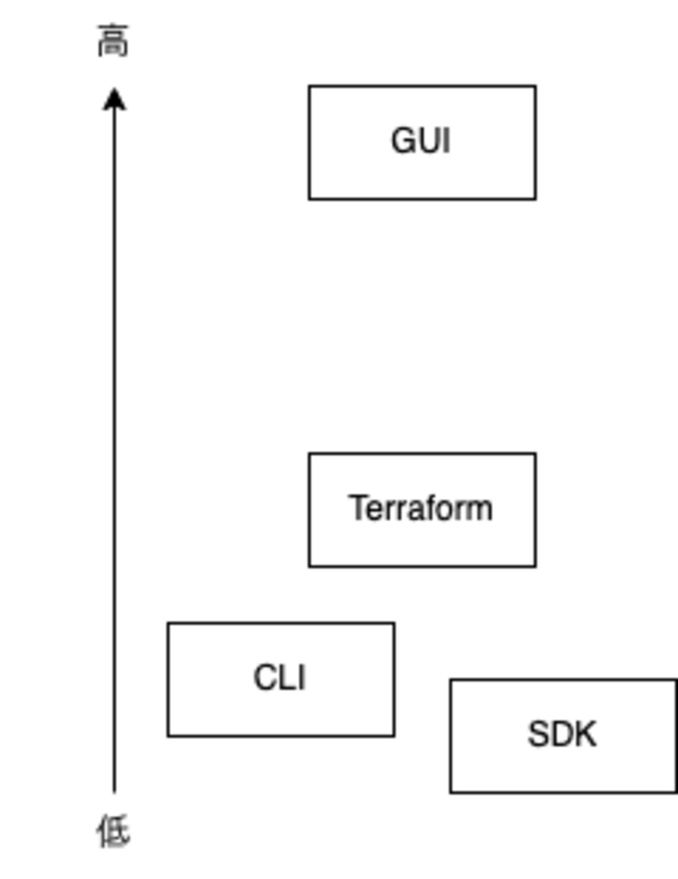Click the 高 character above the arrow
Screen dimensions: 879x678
[113, 41]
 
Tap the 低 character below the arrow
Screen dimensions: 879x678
[113, 831]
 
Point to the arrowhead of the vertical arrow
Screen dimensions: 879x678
[114, 99]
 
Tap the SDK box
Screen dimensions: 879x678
[563, 772]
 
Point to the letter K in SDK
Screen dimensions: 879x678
[585, 734]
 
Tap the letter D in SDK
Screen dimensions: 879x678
[562, 734]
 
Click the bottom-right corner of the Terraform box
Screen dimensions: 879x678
[535, 565]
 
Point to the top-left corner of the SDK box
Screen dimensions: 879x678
[451, 680]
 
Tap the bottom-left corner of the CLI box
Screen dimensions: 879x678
[168, 736]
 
